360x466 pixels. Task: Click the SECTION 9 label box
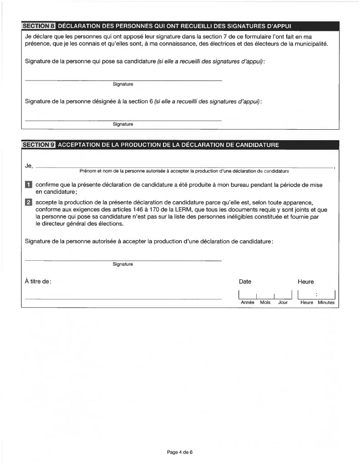(39, 145)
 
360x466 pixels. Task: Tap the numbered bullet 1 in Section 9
(28, 185)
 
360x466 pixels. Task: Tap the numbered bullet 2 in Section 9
(28, 202)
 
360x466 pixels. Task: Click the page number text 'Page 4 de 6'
(180, 452)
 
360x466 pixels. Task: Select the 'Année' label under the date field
(247, 302)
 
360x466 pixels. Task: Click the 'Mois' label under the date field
(265, 302)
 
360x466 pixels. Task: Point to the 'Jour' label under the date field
(283, 302)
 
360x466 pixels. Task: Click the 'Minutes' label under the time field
(326, 302)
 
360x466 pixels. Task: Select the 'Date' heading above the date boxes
(245, 282)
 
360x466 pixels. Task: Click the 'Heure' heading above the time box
(305, 282)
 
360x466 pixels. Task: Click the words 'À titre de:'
(38, 282)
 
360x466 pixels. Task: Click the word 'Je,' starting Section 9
(29, 166)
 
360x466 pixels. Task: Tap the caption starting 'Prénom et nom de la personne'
(184, 171)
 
